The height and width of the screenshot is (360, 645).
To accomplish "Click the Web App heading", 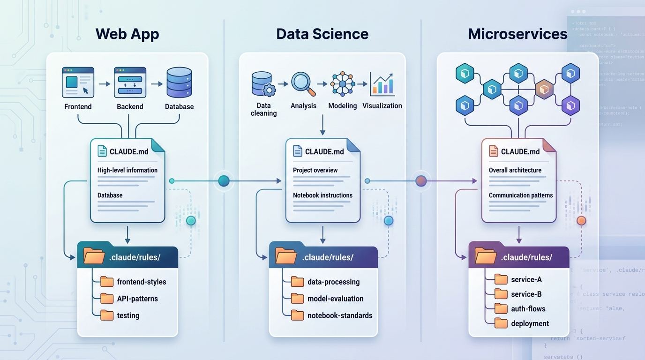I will point(127,34).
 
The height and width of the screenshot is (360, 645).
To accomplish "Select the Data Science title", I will point(322,34).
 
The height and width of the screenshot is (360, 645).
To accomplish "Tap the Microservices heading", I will point(517,34).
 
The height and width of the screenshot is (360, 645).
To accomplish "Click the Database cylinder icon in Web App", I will point(179,82).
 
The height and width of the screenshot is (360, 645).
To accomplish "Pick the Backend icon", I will point(130,82).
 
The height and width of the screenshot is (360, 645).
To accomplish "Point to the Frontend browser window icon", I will point(78,82).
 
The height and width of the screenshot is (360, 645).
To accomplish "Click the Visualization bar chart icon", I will point(382,84).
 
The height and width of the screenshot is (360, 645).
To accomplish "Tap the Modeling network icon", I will point(342,84).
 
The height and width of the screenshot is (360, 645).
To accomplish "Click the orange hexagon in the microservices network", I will point(544,89).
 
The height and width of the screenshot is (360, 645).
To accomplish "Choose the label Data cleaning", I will point(263,109).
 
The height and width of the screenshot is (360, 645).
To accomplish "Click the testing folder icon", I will point(107,315).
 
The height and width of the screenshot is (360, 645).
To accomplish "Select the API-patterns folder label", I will point(137,299).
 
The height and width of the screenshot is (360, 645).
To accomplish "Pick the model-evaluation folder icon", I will point(298,299).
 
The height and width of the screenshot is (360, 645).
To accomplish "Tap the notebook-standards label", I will point(340,315).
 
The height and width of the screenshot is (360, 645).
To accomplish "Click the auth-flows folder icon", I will point(501,308).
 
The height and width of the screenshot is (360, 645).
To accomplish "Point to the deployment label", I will point(530,323).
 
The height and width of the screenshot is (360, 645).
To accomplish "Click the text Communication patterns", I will point(520,195).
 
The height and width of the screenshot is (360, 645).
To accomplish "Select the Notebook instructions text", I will point(322,195).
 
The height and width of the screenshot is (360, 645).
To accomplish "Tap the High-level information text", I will point(127,170).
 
